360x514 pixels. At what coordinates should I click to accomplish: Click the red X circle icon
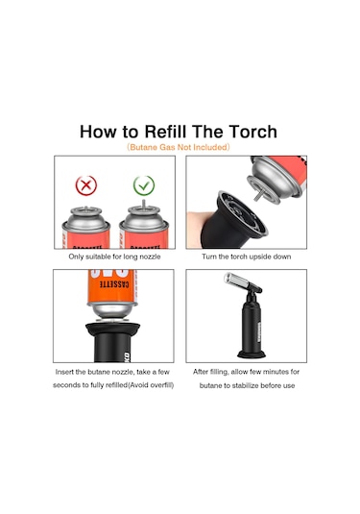tap(86, 185)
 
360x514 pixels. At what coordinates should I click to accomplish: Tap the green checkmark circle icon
tap(144, 185)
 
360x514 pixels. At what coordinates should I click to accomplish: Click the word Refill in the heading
tap(165, 132)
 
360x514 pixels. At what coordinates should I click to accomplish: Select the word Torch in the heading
tap(252, 132)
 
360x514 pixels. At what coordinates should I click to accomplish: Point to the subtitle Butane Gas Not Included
tap(179, 147)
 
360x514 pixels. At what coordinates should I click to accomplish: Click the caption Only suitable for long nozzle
tap(114, 257)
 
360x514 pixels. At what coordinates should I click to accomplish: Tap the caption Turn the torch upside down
tap(247, 257)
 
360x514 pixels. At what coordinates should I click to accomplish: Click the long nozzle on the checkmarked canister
tap(143, 203)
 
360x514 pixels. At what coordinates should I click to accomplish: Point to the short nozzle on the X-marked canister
tap(85, 208)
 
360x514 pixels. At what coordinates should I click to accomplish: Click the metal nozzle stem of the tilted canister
tap(257, 196)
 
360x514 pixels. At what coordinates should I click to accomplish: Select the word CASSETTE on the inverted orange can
tap(114, 284)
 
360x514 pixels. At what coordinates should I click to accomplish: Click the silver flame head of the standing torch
tap(236, 281)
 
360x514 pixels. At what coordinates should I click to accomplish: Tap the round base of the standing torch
tap(251, 354)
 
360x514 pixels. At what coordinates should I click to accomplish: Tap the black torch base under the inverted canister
tap(112, 342)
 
